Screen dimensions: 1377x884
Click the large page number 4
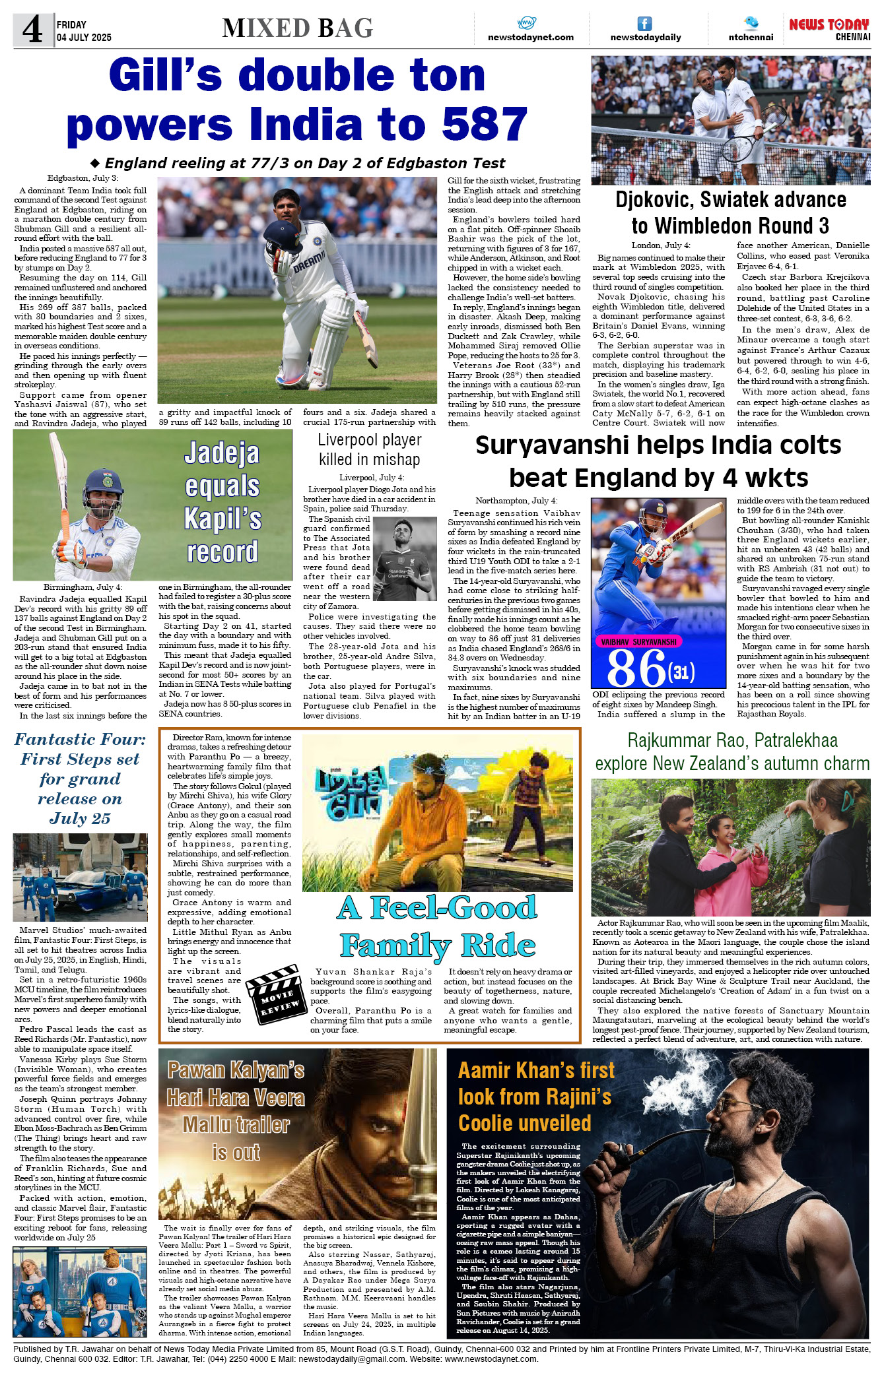pyautogui.click(x=32, y=30)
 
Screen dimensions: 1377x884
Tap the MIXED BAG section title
pyautogui.click(x=298, y=28)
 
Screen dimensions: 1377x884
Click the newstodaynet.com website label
pyautogui.click(x=530, y=38)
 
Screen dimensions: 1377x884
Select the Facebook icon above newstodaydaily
pyautogui.click(x=644, y=24)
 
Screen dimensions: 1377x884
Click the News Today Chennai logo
pyautogui.click(x=829, y=29)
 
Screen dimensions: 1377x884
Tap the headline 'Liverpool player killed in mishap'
pyautogui.click(x=369, y=449)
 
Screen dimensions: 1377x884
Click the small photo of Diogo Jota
pyautogui.click(x=405, y=558)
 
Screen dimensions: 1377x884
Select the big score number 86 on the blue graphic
pyautogui.click(x=636, y=668)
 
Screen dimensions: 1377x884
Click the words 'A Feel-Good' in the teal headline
pyautogui.click(x=437, y=908)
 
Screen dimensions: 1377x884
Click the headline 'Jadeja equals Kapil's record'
pyautogui.click(x=222, y=502)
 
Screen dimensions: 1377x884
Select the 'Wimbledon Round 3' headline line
pyautogui.click(x=730, y=226)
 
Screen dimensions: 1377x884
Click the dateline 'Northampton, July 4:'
pyautogui.click(x=516, y=501)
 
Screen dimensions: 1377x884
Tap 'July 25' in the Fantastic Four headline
pyautogui.click(x=80, y=818)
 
